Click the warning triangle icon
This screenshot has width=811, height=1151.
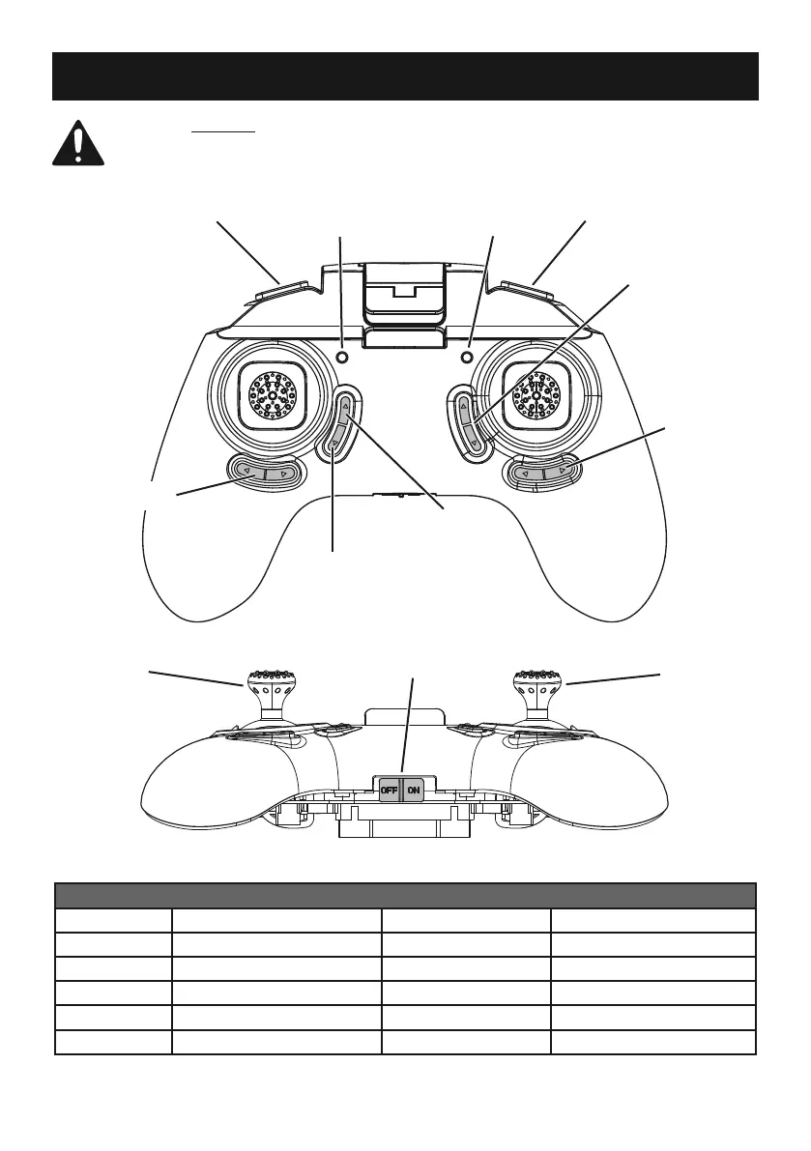point(79,145)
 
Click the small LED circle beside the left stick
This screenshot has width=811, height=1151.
point(341,357)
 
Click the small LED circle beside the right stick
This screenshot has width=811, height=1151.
point(470,357)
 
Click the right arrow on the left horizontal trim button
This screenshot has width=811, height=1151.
point(283,473)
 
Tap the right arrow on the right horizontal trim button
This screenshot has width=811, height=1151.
point(562,474)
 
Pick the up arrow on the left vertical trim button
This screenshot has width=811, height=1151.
point(345,408)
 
